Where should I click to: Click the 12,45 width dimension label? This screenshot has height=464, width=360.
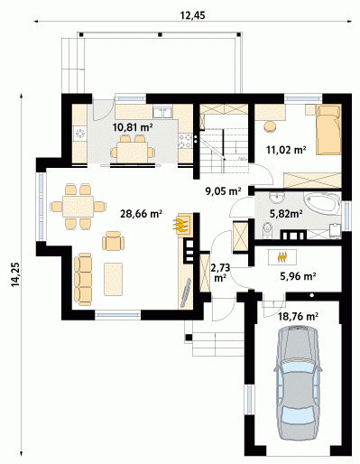pos(193,15)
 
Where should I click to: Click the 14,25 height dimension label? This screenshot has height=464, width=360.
pos(15,274)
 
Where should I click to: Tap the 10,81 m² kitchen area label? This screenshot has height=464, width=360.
pos(133,127)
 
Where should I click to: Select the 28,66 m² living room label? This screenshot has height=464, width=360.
pos(142,214)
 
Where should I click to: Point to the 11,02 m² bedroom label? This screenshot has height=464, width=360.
pos(286,150)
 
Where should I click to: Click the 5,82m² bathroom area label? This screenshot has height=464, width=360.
pos(286,214)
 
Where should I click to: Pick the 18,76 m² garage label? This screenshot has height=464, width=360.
pos(299,316)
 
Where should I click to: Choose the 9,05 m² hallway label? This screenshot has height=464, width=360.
pos(223,191)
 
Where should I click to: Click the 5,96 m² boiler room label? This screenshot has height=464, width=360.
pos(298,275)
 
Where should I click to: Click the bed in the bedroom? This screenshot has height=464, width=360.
pos(328,129)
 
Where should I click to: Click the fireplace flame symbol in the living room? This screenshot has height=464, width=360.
pos(180,225)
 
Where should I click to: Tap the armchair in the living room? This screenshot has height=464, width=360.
pos(113,241)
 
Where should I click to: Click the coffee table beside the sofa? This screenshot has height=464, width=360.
pos(114,279)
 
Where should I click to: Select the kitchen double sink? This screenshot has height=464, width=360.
pos(162,112)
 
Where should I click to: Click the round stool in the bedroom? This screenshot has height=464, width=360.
pos(270,127)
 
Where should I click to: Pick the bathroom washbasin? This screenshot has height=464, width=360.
pos(277,198)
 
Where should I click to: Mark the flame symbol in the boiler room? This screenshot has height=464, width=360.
pos(282,257)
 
